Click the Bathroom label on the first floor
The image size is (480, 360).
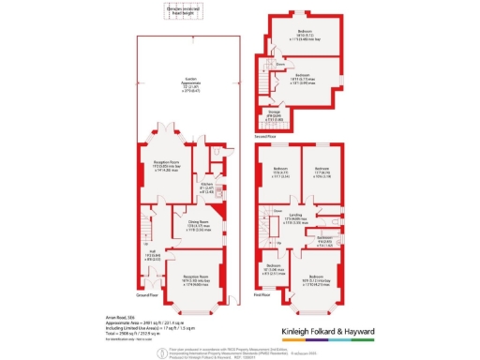(x=324, y=240)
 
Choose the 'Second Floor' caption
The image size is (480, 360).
(x=266, y=136)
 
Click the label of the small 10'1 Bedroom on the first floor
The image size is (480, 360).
(x=272, y=268)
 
